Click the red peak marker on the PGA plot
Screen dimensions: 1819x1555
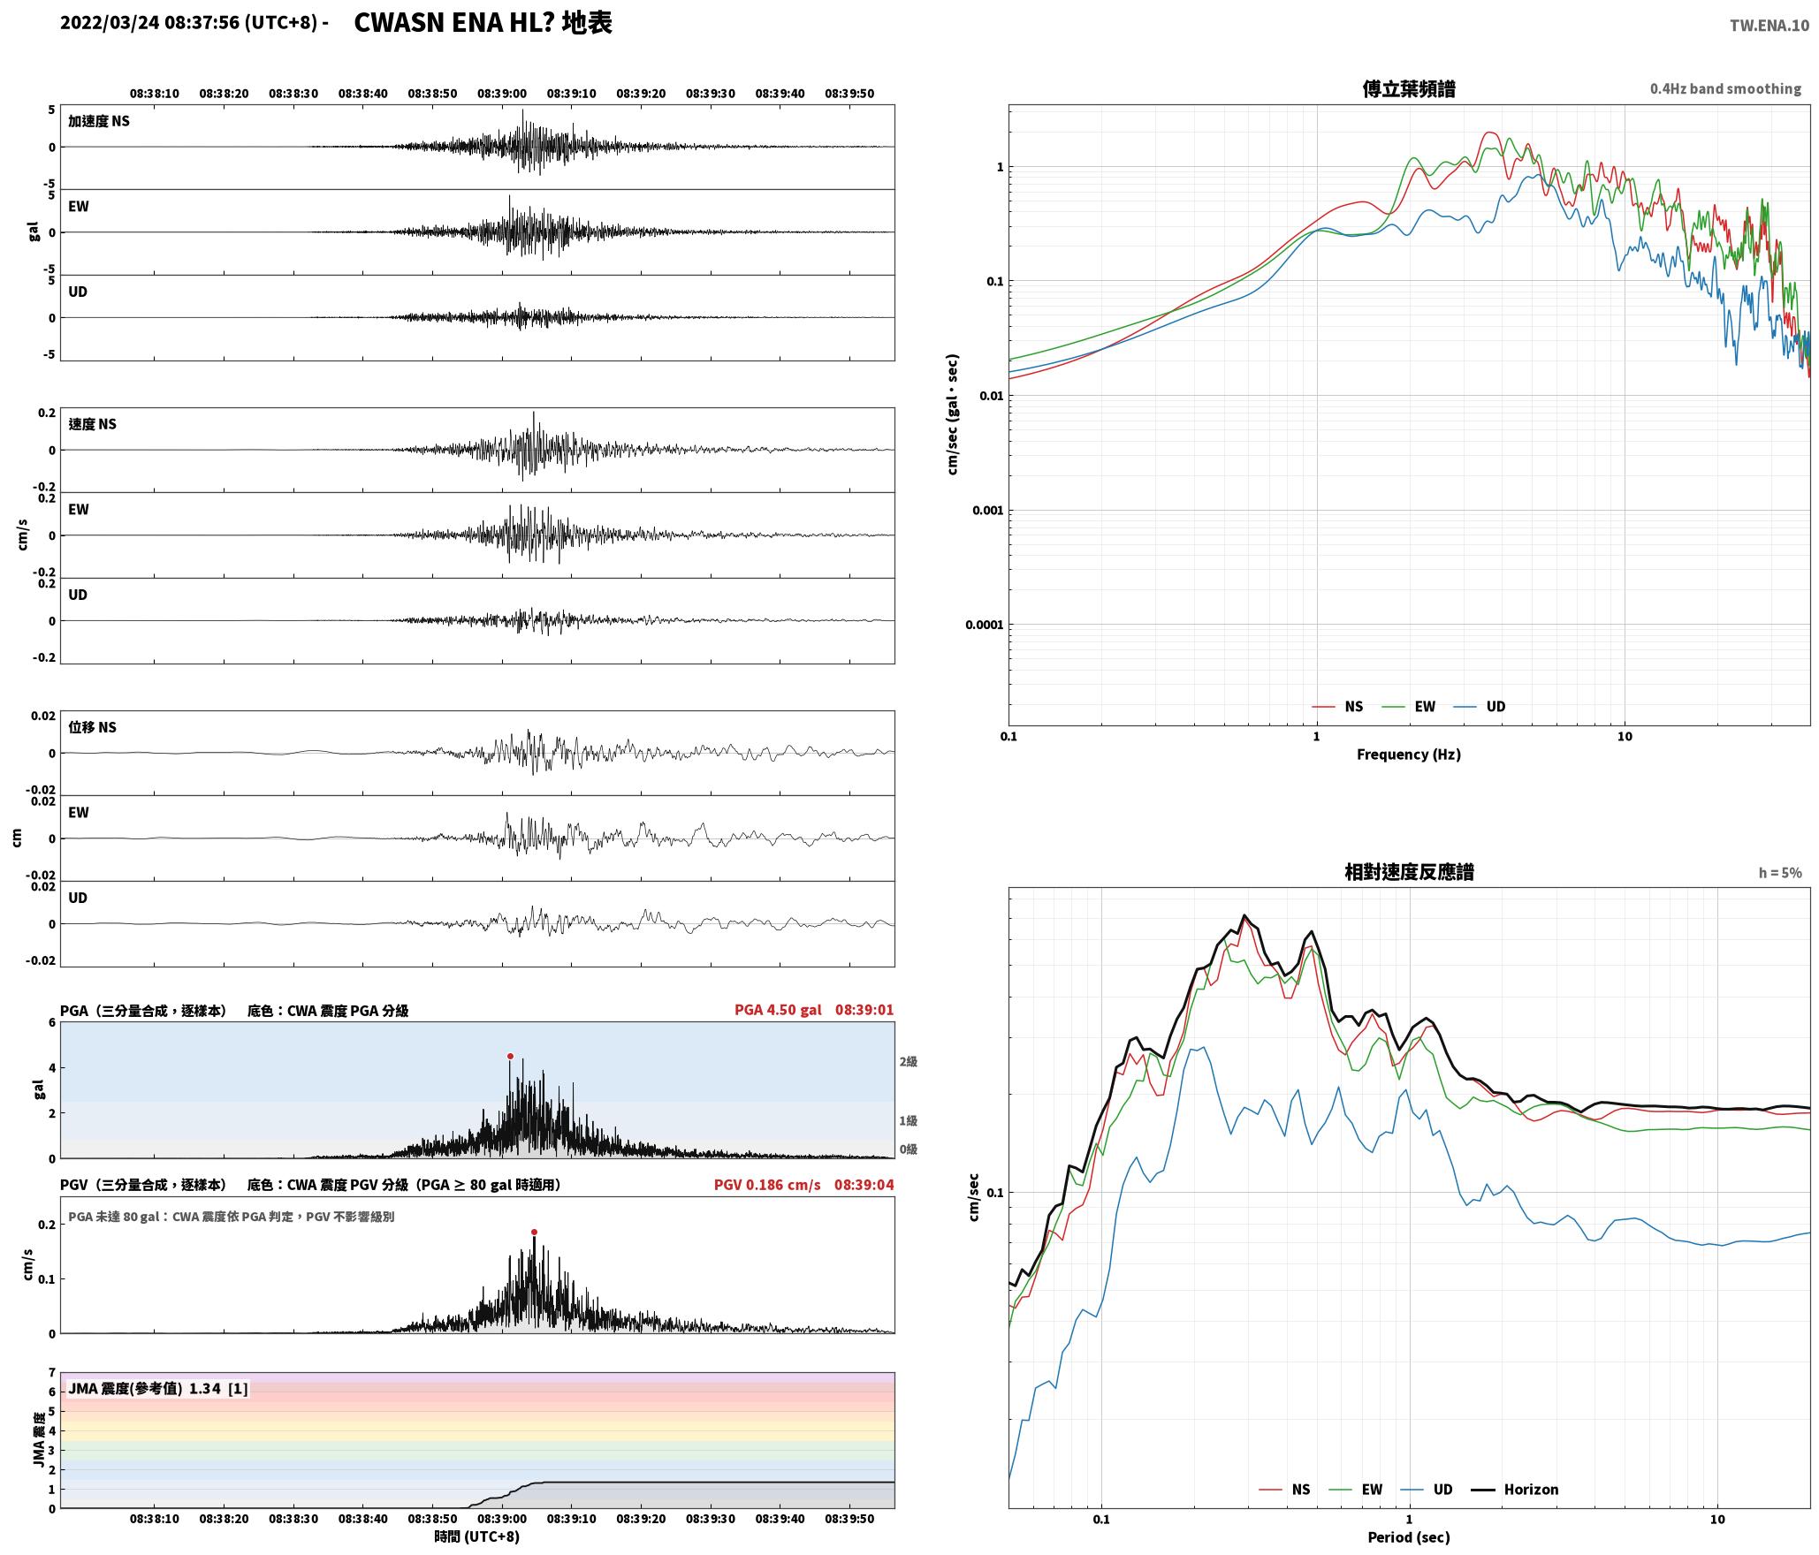point(510,1056)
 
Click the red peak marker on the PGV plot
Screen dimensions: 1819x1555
point(534,1232)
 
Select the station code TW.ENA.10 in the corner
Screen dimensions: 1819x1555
point(1770,26)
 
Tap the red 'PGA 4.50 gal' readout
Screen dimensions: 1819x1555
point(778,1010)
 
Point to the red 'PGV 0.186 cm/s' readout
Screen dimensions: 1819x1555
point(767,1185)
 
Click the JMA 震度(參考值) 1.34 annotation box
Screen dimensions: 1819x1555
point(158,1388)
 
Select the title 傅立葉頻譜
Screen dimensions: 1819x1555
point(1409,88)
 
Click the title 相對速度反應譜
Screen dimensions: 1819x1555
point(1409,872)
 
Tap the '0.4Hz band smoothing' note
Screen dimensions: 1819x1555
point(1725,88)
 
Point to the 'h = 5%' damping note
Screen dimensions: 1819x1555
point(1780,873)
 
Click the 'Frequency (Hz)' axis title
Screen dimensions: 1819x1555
point(1409,755)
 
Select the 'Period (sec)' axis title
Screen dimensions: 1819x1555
point(1409,1537)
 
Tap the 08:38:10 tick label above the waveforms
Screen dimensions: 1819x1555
point(155,93)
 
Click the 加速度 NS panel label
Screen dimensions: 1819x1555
point(99,121)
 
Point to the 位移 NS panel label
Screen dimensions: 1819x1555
point(93,727)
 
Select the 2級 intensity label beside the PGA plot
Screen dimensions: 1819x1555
point(909,1061)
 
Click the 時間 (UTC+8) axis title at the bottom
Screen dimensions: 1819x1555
point(477,1536)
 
